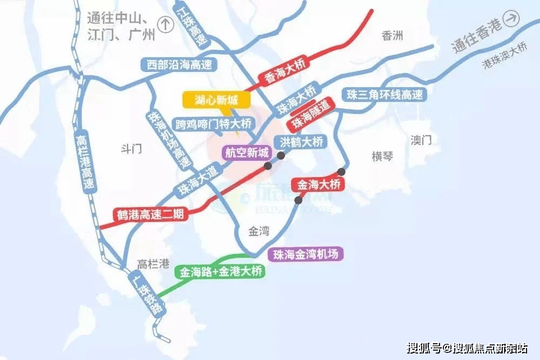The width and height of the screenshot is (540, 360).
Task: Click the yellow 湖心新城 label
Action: click(213, 100)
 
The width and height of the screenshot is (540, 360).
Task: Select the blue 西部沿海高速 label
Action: click(179, 65)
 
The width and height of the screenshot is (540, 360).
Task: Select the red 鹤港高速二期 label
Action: click(151, 214)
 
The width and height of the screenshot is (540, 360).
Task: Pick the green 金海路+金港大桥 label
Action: click(222, 271)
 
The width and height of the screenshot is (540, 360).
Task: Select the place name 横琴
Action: click(382, 157)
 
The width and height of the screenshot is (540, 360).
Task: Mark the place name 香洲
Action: click(393, 36)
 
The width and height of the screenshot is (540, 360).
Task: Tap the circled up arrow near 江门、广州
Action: click(166, 23)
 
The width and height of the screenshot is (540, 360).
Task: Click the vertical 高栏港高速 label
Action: click(86, 162)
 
